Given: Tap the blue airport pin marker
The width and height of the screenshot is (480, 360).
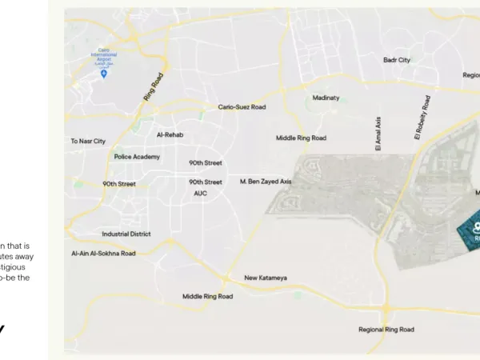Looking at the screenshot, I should coord(104,74).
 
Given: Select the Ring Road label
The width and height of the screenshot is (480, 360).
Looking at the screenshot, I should coord(154,86).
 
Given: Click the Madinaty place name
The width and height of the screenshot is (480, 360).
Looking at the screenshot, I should coord(326,98).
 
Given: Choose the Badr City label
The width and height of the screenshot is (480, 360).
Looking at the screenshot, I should coord(396,60).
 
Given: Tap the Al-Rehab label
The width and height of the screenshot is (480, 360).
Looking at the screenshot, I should coord(170,134).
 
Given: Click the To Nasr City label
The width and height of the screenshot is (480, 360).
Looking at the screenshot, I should coord(88,142).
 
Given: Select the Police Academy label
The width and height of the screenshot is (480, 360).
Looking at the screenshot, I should coord(137,157).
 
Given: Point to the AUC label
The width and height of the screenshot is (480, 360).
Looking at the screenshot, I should coord(200,193).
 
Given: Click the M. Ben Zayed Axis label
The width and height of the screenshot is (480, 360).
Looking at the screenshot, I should coord(266,182).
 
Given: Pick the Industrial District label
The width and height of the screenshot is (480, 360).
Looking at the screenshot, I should coord(126,234).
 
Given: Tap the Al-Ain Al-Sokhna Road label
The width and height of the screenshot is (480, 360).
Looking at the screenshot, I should coord(103,254).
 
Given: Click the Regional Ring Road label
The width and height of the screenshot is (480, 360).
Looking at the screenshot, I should coord(386,330).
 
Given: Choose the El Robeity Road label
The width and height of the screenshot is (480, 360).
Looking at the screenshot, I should coord(422,118).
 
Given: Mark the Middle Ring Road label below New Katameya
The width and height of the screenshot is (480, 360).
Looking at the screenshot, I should coord(207,296).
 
